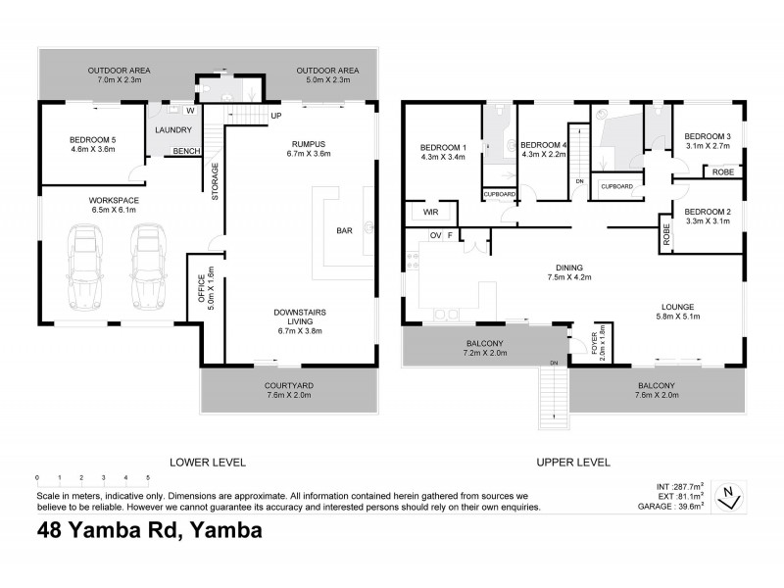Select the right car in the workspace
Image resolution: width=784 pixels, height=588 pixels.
(x=147, y=267)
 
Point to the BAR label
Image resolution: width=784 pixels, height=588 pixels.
(x=345, y=231)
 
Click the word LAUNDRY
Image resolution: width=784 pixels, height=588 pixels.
(x=173, y=129)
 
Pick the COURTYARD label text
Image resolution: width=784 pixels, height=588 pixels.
(x=290, y=385)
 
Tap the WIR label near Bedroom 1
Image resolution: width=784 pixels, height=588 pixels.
(x=430, y=212)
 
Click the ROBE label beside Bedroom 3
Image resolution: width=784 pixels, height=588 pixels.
(x=723, y=171)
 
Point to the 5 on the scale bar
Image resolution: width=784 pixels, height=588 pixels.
(x=148, y=479)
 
